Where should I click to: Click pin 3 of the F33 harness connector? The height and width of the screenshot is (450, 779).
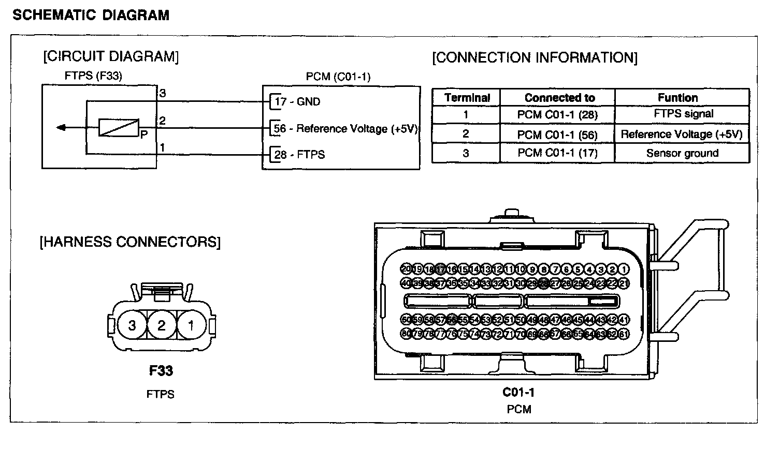click(x=132, y=325)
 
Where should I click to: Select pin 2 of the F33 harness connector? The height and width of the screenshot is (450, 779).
click(x=162, y=325)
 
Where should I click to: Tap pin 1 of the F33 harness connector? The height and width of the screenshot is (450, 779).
click(x=191, y=325)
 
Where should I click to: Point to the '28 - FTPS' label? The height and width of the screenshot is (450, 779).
click(x=299, y=155)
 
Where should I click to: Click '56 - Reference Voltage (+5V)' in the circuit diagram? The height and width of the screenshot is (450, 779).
click(x=345, y=129)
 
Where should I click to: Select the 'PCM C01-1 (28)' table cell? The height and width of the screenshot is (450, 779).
click(x=557, y=115)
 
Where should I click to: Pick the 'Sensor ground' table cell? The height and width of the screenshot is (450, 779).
click(x=682, y=153)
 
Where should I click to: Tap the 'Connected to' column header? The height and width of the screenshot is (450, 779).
click(x=559, y=98)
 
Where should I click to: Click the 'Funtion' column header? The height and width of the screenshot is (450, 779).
click(x=677, y=98)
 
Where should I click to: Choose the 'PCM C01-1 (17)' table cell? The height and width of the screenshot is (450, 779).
click(x=557, y=153)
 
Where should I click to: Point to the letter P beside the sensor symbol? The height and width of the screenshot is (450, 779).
click(x=143, y=134)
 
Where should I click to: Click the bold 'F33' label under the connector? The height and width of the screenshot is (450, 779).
click(x=161, y=371)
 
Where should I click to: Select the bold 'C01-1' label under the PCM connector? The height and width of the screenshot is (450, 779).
click(x=518, y=393)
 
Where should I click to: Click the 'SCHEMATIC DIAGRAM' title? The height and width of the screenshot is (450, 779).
click(x=91, y=16)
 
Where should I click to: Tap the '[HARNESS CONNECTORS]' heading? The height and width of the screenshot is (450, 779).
click(x=130, y=242)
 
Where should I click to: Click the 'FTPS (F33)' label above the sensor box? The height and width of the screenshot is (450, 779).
click(x=93, y=76)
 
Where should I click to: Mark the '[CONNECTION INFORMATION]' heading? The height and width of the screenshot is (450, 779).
click(x=535, y=57)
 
